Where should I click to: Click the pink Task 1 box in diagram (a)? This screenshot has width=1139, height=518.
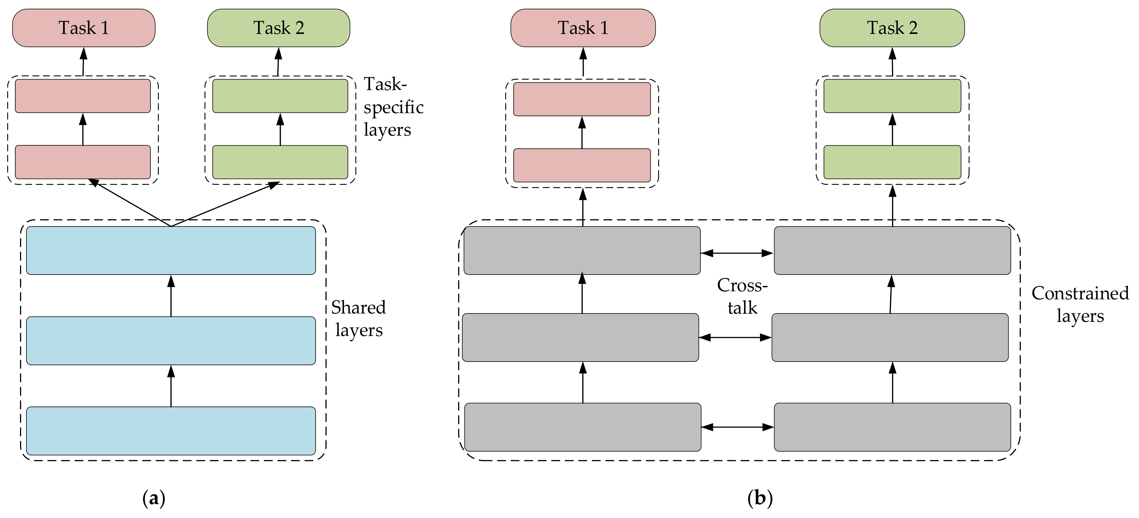coord(84,28)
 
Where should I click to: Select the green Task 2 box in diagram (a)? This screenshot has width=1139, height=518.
coord(279,28)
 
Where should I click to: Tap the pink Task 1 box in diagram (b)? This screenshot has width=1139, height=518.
coord(583,28)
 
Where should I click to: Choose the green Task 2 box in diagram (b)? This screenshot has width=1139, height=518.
coord(892,28)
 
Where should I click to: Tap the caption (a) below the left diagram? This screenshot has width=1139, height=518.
coord(154,499)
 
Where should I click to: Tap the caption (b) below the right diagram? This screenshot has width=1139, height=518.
coord(760,499)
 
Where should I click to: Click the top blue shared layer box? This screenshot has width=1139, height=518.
coord(171,251)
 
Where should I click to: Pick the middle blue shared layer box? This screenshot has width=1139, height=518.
coord(171,341)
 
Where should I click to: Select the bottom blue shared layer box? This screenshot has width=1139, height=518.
coord(171,431)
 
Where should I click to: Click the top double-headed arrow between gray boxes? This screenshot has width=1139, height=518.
coord(737,253)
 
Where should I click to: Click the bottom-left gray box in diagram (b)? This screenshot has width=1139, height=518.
coord(582,427)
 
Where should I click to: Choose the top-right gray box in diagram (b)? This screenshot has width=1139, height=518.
coord(892,251)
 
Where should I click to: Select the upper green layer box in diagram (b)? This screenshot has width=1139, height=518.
coord(892,96)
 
